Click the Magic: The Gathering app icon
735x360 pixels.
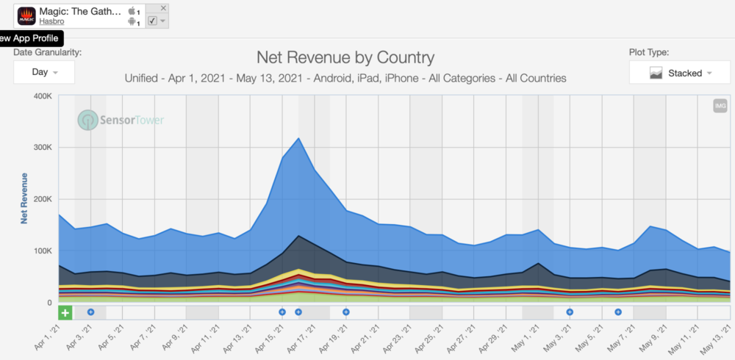tap(26, 15)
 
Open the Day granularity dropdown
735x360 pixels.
tap(44, 72)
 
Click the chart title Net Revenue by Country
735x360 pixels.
tap(345, 57)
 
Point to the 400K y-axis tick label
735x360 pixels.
tap(40, 96)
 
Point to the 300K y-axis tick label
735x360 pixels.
tap(40, 148)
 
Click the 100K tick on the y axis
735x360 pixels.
tap(40, 251)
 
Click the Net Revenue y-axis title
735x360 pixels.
tap(24, 198)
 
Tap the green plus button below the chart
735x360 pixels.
tap(65, 313)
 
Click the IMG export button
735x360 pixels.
tap(720, 107)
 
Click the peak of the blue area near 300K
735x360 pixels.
tap(298, 139)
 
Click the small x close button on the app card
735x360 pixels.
tap(163, 8)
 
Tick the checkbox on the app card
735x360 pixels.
tap(152, 21)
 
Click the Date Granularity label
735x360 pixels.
tap(47, 52)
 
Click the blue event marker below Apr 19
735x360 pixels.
tap(345, 312)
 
